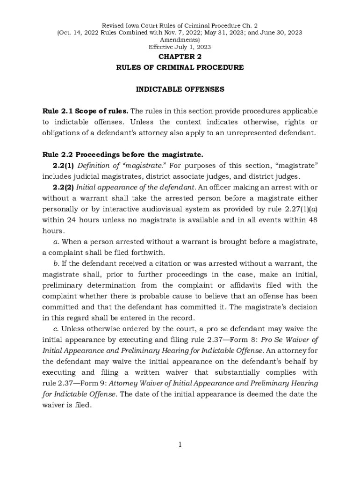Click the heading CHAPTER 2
click(x=180, y=57)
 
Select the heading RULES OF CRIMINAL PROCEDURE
click(x=180, y=67)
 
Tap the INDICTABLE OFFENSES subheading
click(x=180, y=89)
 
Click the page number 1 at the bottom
click(x=180, y=444)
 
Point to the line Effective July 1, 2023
click(x=180, y=47)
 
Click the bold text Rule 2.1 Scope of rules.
click(x=85, y=111)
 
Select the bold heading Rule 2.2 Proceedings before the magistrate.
click(x=122, y=155)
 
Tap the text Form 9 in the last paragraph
click(x=86, y=383)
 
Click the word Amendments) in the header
click(x=180, y=40)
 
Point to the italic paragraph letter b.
click(x=56, y=263)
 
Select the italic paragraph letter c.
click(x=56, y=329)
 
